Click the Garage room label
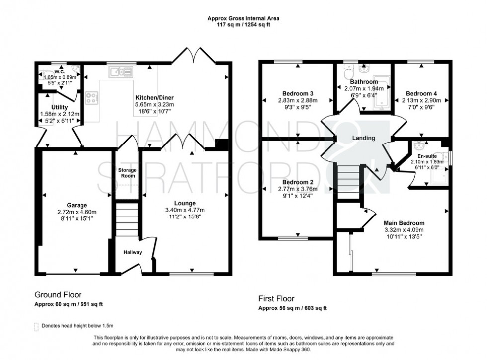pyautogui.click(x=77, y=205)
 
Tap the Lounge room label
pyautogui.click(x=184, y=203)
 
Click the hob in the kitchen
pyautogui.click(x=92, y=98)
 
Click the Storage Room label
pyautogui.click(x=127, y=173)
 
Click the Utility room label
pyautogui.click(x=59, y=107)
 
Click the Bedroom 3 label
pyautogui.click(x=297, y=93)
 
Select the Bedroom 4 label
pyautogui.click(x=421, y=93)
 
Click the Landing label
pyautogui.click(x=363, y=138)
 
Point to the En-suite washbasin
pyautogui.click(x=419, y=147)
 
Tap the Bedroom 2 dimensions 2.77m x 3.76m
pyautogui.click(x=297, y=189)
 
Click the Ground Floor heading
pyautogui.click(x=58, y=294)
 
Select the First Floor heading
pyautogui.click(x=276, y=299)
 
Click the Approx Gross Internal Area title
pyautogui.click(x=243, y=18)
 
